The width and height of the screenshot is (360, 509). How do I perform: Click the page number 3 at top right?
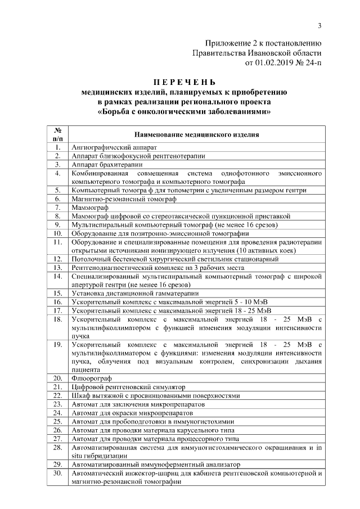point(319,25)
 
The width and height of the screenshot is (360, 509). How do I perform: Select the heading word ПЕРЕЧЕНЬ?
point(185,83)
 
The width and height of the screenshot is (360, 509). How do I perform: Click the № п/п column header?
point(57,134)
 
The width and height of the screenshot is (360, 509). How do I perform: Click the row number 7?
point(57,208)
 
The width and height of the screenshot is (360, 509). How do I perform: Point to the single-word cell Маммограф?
point(89,208)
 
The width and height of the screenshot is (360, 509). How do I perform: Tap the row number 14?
point(57,276)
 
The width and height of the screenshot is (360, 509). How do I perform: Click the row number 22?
point(57,395)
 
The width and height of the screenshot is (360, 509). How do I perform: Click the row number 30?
point(57,474)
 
